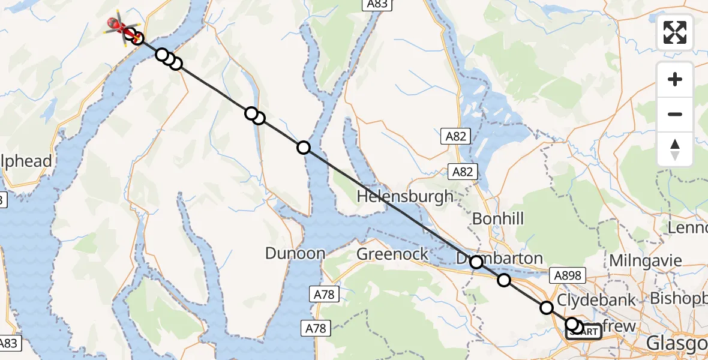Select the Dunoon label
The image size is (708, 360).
(x=295, y=253)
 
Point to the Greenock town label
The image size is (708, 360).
(x=392, y=254)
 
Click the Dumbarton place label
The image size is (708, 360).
(x=499, y=259)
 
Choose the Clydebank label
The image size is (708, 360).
(x=596, y=300)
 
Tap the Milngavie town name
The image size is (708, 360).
(x=645, y=260)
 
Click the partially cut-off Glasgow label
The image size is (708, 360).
(x=677, y=344)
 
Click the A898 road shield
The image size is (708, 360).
(x=567, y=275)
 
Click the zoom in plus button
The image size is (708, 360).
(x=675, y=80)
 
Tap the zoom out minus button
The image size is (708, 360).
(x=675, y=114)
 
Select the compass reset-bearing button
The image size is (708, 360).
(x=675, y=149)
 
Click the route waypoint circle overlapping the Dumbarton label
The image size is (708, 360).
(x=476, y=262)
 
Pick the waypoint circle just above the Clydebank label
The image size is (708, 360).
(x=547, y=308)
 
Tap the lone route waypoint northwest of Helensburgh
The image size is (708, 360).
(x=304, y=148)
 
